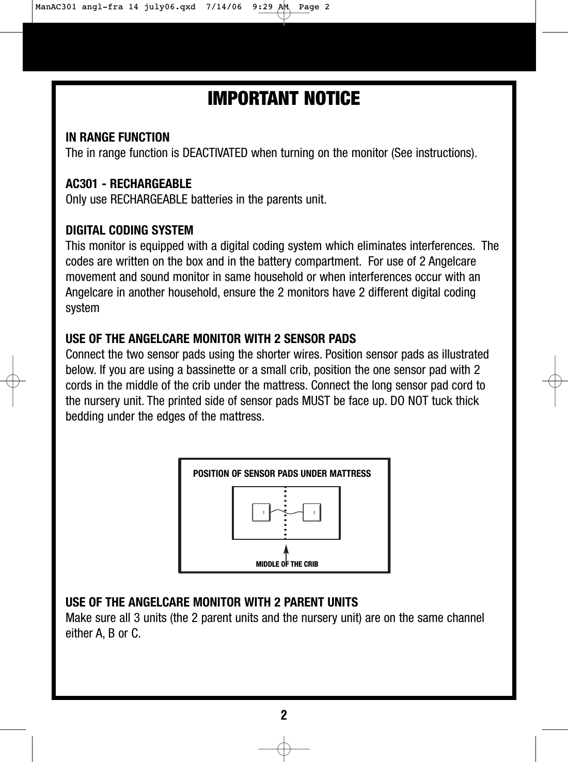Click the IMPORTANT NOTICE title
pyautogui.click(x=283, y=99)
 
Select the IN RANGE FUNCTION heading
pyautogui.click(x=117, y=137)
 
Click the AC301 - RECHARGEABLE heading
pyautogui.click(x=129, y=184)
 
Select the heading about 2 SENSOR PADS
pyautogui.click(x=211, y=339)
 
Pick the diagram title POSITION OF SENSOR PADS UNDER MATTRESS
pyautogui.click(x=281, y=474)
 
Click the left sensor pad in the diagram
pyautogui.click(x=261, y=512)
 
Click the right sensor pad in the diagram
pyautogui.click(x=312, y=512)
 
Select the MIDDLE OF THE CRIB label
pyautogui.click(x=287, y=564)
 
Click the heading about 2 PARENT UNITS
pyautogui.click(x=212, y=603)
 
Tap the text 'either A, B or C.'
pyautogui.click(x=103, y=634)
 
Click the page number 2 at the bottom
pyautogui.click(x=283, y=716)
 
